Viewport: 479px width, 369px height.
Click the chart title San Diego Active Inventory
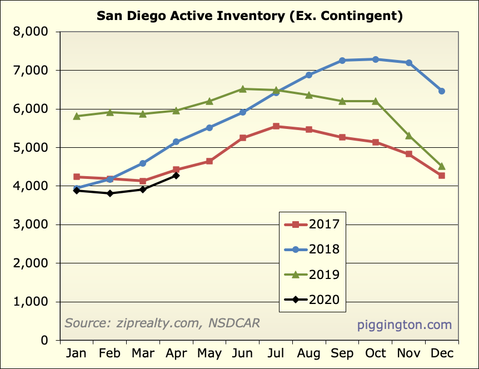(250, 15)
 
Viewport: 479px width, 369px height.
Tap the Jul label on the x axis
(276, 353)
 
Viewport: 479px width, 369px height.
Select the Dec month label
(442, 353)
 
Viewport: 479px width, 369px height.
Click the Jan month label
(77, 353)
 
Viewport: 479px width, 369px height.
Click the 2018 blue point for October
(376, 59)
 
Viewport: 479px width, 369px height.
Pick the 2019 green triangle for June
(243, 89)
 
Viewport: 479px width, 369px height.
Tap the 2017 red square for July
(276, 126)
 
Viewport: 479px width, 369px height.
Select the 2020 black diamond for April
(176, 176)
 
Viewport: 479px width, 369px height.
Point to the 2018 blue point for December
(442, 91)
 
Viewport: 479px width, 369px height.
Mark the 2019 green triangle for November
(408, 136)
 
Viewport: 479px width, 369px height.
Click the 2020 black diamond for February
(110, 193)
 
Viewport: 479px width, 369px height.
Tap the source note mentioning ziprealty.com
(162, 323)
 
